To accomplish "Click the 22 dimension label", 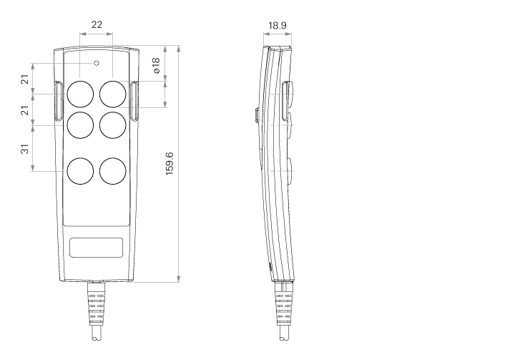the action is coord(97,24).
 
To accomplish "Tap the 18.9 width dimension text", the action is coord(278,25).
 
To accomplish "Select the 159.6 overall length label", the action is coord(170,163).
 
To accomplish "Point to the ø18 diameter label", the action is coord(156,65).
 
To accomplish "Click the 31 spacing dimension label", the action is coord(25,149).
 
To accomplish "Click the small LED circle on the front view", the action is coord(97,63).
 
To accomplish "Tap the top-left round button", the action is coord(80,94).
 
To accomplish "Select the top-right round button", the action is coord(113,94).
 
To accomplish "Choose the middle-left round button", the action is coord(80,125).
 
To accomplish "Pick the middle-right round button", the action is coord(113,125).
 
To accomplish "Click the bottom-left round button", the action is coord(80,171).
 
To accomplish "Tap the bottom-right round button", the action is coord(113,171).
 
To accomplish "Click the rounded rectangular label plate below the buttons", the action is coord(97,248).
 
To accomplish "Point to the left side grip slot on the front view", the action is coord(58,101).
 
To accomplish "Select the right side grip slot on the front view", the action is coord(134,101).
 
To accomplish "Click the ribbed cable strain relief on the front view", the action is coord(96,304).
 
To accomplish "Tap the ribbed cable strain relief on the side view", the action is coord(284,304).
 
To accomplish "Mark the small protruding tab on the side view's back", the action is coord(257,116).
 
